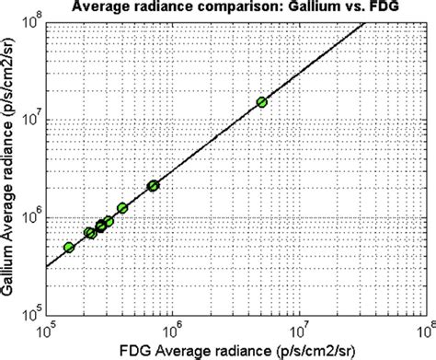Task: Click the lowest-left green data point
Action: (69, 247)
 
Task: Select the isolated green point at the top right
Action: (262, 102)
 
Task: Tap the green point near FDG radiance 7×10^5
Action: (154, 186)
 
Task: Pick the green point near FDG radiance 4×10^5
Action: (122, 208)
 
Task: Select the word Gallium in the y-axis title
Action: (9, 267)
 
